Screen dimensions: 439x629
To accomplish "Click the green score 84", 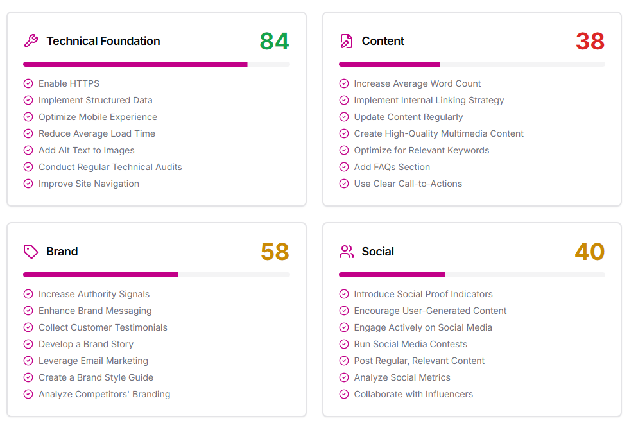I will [274, 41].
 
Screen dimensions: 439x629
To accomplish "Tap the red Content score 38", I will [590, 41].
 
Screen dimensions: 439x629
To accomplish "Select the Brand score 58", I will [275, 252].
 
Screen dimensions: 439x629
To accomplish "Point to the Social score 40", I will [590, 252].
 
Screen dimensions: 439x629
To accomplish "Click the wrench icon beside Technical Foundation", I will [31, 41].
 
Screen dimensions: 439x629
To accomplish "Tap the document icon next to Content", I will [347, 41].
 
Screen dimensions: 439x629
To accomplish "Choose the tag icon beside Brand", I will [31, 252].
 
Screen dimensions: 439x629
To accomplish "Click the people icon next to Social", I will [347, 252].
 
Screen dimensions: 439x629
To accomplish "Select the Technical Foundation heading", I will [103, 41].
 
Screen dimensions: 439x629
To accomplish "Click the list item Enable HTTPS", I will [69, 83].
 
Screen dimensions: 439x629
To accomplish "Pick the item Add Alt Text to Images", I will [87, 150].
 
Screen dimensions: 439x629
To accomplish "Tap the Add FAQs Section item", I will [392, 167].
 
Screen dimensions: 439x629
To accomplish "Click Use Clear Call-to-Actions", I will [408, 184].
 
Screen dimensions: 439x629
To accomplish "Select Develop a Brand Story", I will [86, 344].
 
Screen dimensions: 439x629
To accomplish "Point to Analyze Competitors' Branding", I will [104, 394].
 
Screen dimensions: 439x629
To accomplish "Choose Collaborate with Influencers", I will [413, 394].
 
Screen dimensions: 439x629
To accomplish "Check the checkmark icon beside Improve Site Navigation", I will [28, 184].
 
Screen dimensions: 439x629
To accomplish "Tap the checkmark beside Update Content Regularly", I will [344, 117].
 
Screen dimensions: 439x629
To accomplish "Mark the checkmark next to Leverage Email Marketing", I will [28, 361].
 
